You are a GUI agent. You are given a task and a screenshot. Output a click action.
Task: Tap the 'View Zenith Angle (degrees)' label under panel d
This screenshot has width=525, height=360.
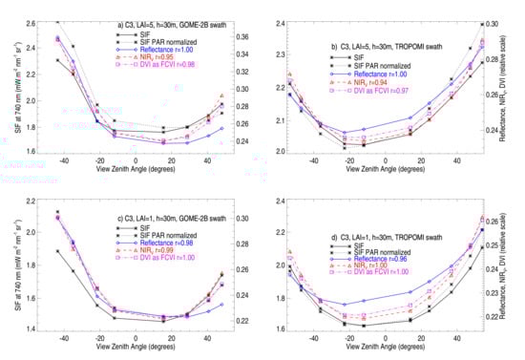[x=395, y=350]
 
